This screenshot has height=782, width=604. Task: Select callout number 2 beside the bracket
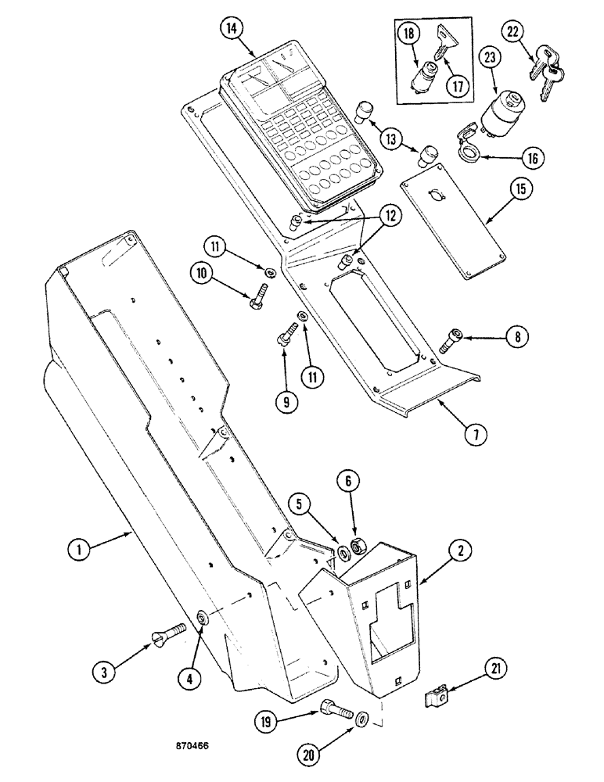point(460,551)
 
